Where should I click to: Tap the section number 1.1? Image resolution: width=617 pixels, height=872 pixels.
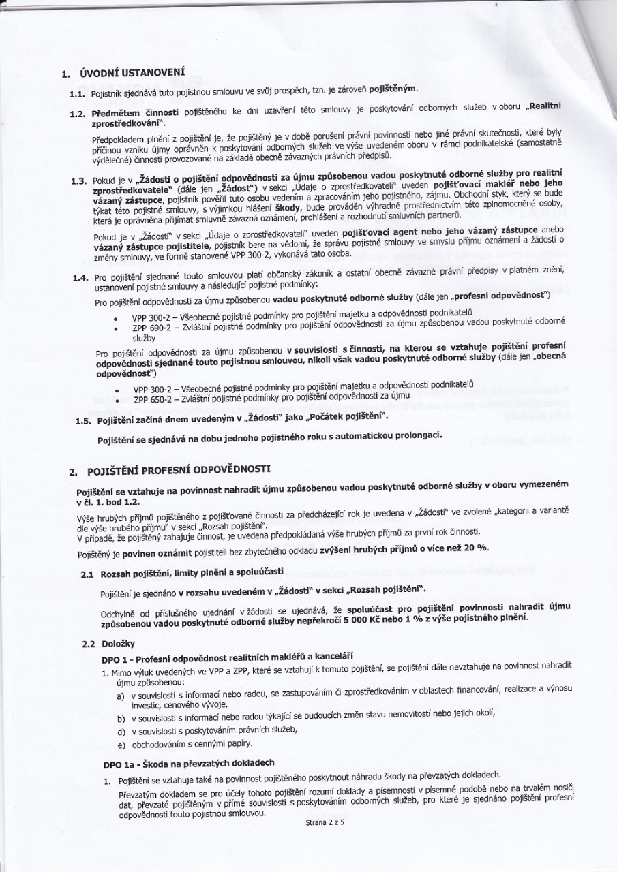pos(78,91)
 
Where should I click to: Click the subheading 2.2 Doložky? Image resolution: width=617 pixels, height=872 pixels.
pos(117,642)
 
